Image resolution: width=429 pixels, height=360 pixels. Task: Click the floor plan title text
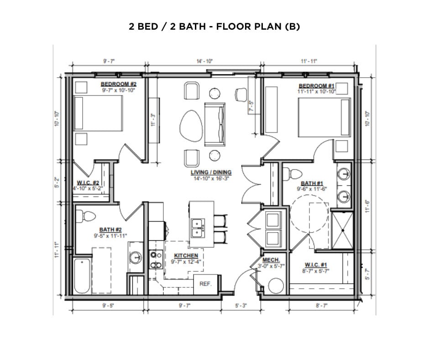click(x=214, y=26)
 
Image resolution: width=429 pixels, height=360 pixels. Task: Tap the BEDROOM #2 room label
click(x=118, y=84)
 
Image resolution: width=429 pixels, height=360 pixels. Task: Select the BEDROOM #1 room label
click(x=317, y=86)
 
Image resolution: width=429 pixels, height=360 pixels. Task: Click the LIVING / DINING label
click(x=211, y=173)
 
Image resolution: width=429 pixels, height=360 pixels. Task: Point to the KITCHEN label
click(x=186, y=255)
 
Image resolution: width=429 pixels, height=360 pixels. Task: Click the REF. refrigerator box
click(x=205, y=284)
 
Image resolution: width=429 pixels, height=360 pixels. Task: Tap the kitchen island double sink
click(x=198, y=227)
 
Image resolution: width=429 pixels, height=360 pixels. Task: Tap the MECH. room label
click(x=271, y=260)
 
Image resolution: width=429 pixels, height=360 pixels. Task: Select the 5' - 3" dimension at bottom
click(x=241, y=306)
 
